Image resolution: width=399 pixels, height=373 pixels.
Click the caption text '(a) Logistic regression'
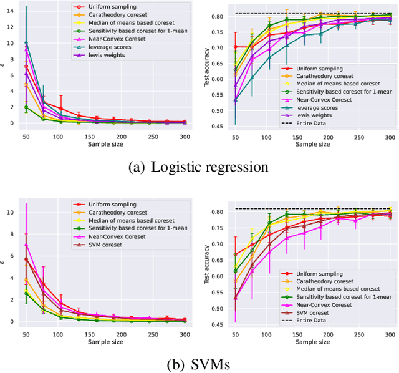pyautogui.click(x=198, y=167)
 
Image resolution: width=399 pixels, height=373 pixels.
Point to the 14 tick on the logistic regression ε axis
pyautogui.click(x=13, y=11)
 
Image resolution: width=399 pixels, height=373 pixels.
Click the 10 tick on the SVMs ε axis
pyautogui.click(x=13, y=212)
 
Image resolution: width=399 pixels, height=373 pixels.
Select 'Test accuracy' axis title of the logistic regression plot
pyautogui.click(x=203, y=69)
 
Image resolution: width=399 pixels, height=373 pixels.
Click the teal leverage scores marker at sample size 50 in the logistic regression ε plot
pyautogui.click(x=26, y=42)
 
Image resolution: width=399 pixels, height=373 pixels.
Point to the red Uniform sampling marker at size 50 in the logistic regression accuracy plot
pyautogui.click(x=235, y=47)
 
